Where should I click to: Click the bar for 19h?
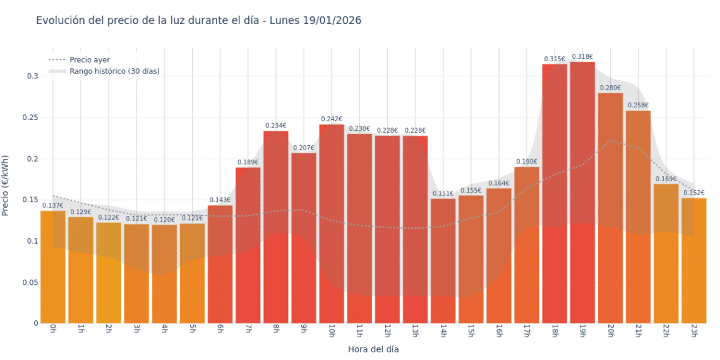tap(582, 193)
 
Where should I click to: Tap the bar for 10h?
tap(332, 224)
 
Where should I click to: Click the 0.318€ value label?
tap(582, 57)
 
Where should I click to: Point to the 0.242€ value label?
tap(332, 119)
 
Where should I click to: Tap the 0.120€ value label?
tap(164, 220)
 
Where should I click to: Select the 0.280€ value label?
tap(610, 88)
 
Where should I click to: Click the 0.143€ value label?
tap(220, 200)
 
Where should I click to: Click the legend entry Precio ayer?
tap(90, 60)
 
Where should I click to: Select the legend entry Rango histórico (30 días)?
tap(114, 71)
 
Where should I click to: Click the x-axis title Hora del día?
tap(373, 349)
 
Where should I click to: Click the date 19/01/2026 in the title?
tap(331, 20)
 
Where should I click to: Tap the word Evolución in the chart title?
tap(60, 20)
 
